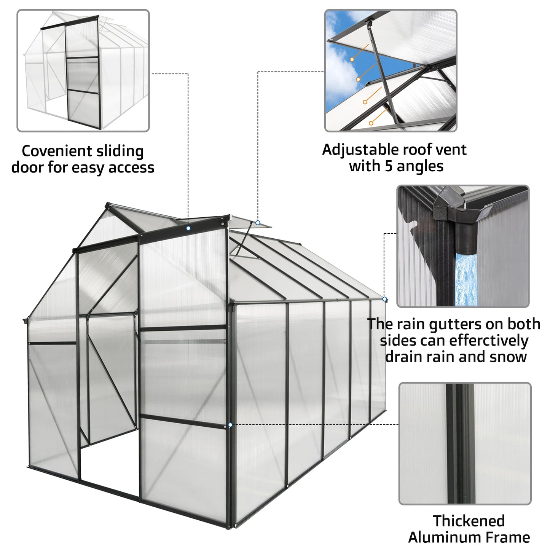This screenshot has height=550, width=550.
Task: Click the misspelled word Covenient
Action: (x=55, y=151)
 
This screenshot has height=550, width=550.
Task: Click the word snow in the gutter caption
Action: (x=509, y=357)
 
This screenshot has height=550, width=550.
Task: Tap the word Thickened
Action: (x=469, y=520)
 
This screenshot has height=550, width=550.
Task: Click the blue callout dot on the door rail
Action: (x=188, y=228)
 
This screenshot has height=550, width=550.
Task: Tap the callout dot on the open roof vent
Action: (x=258, y=223)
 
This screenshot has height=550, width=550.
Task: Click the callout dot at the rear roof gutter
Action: (x=384, y=299)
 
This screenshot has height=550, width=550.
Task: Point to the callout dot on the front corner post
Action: (x=230, y=425)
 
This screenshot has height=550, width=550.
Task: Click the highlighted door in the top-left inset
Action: (x=80, y=76)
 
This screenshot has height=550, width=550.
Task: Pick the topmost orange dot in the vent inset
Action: (x=352, y=59)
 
